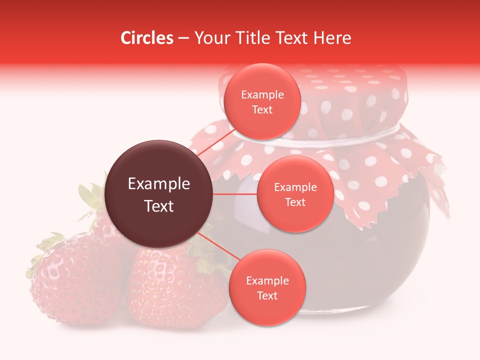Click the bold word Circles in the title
click(147, 38)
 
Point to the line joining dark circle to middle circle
click(235, 194)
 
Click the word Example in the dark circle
click(159, 184)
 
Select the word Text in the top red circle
click(262, 110)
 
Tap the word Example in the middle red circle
click(295, 187)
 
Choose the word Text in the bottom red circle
click(267, 295)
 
